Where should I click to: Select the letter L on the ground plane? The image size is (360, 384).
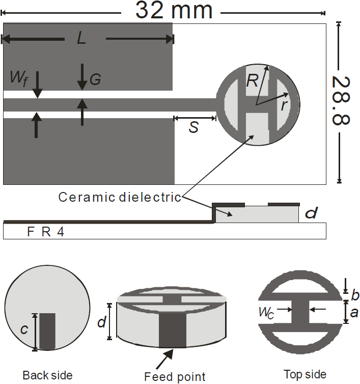[x=81, y=39]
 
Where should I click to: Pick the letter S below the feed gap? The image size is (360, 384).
[x=193, y=128]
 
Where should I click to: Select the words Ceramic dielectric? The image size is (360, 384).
[x=120, y=197]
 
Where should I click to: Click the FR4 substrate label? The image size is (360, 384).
[x=45, y=233]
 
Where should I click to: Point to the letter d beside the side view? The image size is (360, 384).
[x=311, y=213]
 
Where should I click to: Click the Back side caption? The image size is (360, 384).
[x=47, y=375]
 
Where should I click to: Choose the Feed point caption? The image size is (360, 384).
[x=175, y=377]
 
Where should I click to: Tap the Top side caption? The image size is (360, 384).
[x=305, y=374]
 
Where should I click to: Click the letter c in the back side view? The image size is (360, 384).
[x=24, y=330]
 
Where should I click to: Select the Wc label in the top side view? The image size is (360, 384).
[x=267, y=313]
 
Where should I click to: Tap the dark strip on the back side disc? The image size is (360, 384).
[x=47, y=331]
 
